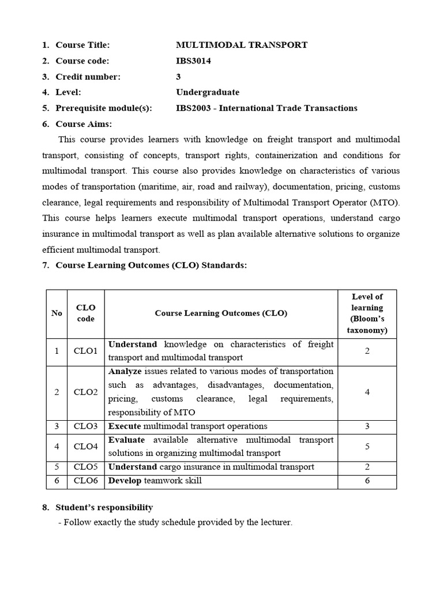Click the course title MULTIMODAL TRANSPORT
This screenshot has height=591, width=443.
coord(242,45)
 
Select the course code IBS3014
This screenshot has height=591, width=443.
coord(193,61)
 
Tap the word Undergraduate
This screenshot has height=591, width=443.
coord(208,92)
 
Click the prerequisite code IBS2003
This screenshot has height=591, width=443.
coord(194,108)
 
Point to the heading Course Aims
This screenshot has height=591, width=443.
coord(84,124)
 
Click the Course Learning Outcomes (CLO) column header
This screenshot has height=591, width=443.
coord(221,313)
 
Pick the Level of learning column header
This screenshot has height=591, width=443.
coord(367,313)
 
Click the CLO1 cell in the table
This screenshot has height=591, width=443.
coord(85,351)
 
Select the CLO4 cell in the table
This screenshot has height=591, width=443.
coord(85,447)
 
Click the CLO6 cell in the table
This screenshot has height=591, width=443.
coord(85,481)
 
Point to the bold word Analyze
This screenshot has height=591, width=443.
coord(125,371)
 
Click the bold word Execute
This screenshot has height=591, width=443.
coord(125,427)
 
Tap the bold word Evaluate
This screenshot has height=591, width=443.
coord(127,440)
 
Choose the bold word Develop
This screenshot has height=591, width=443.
coord(125,481)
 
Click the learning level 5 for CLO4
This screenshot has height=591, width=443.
coord(367,447)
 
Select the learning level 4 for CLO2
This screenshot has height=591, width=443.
coord(367,392)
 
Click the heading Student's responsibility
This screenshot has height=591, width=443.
coord(104,507)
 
